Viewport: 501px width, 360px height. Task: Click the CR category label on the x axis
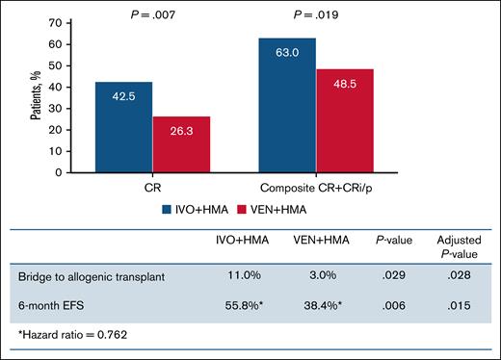[151, 187]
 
